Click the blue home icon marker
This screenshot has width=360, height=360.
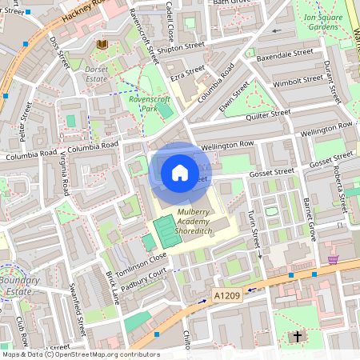pos(180,172)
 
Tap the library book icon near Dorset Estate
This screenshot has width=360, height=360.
pos(102,45)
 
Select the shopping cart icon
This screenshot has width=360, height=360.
pos(333,259)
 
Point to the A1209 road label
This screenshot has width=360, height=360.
pos(226,296)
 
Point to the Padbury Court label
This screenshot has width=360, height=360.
pos(144,278)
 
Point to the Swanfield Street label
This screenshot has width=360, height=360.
pos(78,310)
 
